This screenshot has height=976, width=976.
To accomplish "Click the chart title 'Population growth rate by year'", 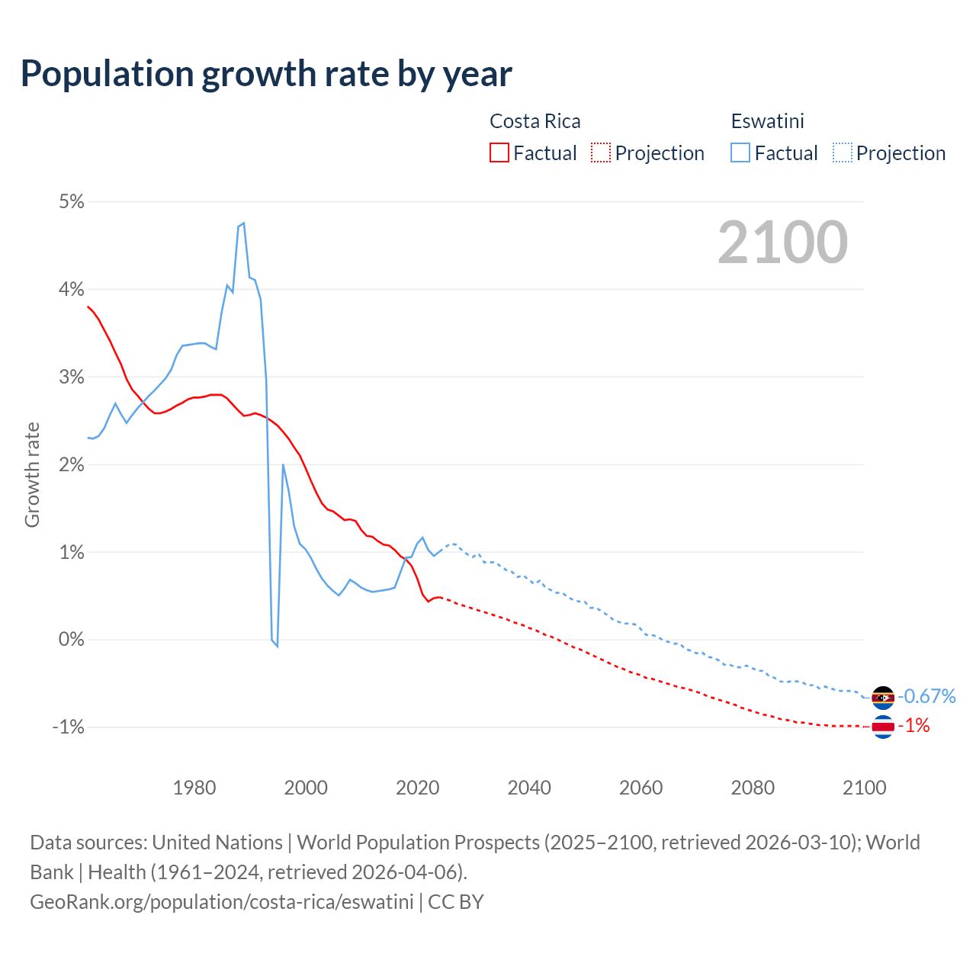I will [x=266, y=74].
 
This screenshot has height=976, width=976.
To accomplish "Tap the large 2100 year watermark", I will [x=782, y=242].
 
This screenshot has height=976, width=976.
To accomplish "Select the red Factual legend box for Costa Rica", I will [x=499, y=152].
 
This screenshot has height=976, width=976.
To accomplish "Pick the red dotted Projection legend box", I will [x=601, y=152].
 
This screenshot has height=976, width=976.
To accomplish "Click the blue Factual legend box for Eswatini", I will [x=740, y=152].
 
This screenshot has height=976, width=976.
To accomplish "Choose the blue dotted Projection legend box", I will [x=842, y=152].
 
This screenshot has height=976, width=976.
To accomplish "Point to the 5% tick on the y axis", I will [x=71, y=201].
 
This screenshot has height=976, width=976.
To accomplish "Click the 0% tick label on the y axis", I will [x=71, y=639].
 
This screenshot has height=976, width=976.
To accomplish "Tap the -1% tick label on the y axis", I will [x=68, y=727].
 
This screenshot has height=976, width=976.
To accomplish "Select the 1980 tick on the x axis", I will [x=194, y=788].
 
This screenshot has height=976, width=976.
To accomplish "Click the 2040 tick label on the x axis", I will [x=529, y=788].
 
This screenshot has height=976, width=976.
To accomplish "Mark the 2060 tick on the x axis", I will [x=640, y=788].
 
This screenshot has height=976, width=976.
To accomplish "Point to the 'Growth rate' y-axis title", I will [x=32, y=474].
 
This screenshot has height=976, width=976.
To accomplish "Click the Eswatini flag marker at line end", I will [x=882, y=697].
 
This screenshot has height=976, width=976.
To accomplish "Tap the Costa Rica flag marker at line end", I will [x=882, y=727].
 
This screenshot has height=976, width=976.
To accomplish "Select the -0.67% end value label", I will [x=926, y=696].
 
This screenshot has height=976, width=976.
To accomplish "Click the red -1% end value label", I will [x=913, y=726].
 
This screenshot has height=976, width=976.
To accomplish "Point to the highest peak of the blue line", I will [x=243, y=223].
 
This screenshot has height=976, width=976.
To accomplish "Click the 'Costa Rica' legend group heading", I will [x=535, y=121].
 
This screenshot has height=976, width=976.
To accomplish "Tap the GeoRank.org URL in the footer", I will [x=222, y=901].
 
